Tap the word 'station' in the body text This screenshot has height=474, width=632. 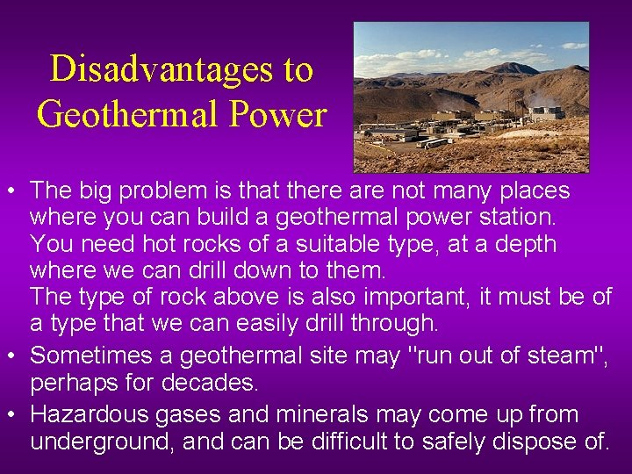pos(520,217)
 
